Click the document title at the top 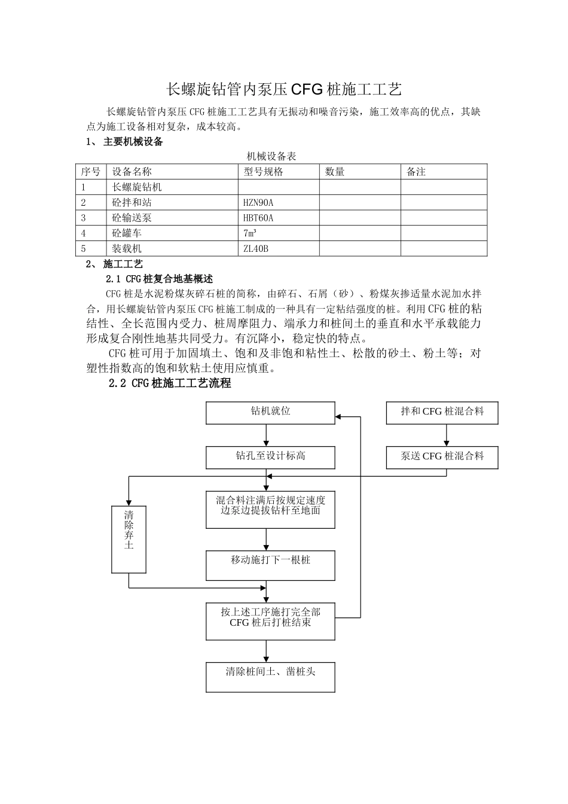click(283, 90)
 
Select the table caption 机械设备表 click(271, 157)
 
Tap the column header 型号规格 click(263, 172)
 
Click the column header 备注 click(416, 172)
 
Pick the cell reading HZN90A click(258, 203)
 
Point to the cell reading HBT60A click(258, 218)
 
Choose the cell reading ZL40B click(256, 249)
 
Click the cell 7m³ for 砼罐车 click(250, 233)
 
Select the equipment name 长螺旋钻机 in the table click(137, 187)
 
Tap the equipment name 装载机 click(127, 249)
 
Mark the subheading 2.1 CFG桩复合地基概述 click(159, 279)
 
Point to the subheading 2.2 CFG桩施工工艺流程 click(170, 383)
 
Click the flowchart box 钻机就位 click(270, 412)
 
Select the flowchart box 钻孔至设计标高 click(270, 457)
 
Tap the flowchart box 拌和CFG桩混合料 click(442, 412)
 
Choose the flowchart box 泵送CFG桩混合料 click(442, 457)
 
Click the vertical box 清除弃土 click(129, 538)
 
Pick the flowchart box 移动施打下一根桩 click(270, 565)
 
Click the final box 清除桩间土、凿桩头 click(270, 677)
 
